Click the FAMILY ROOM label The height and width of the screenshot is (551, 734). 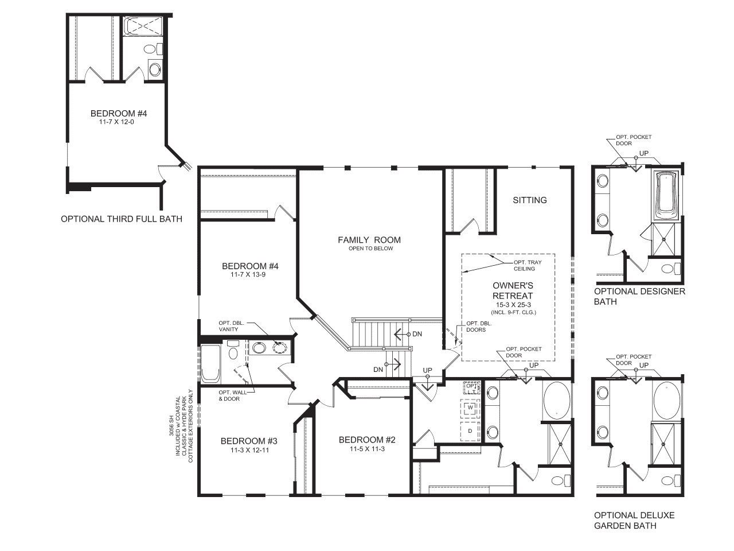click(x=369, y=240)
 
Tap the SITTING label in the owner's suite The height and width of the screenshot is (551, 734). click(x=529, y=200)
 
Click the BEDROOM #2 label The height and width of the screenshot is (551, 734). click(x=367, y=440)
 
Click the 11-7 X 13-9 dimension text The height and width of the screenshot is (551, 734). click(x=249, y=275)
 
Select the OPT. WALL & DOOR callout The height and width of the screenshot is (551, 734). click(x=229, y=395)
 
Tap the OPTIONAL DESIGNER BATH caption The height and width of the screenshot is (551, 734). click(x=639, y=296)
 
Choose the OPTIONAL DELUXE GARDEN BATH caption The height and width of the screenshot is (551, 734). click(x=634, y=520)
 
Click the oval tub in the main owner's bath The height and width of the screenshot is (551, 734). click(x=556, y=400)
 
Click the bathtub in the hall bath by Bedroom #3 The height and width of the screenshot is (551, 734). click(x=210, y=363)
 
